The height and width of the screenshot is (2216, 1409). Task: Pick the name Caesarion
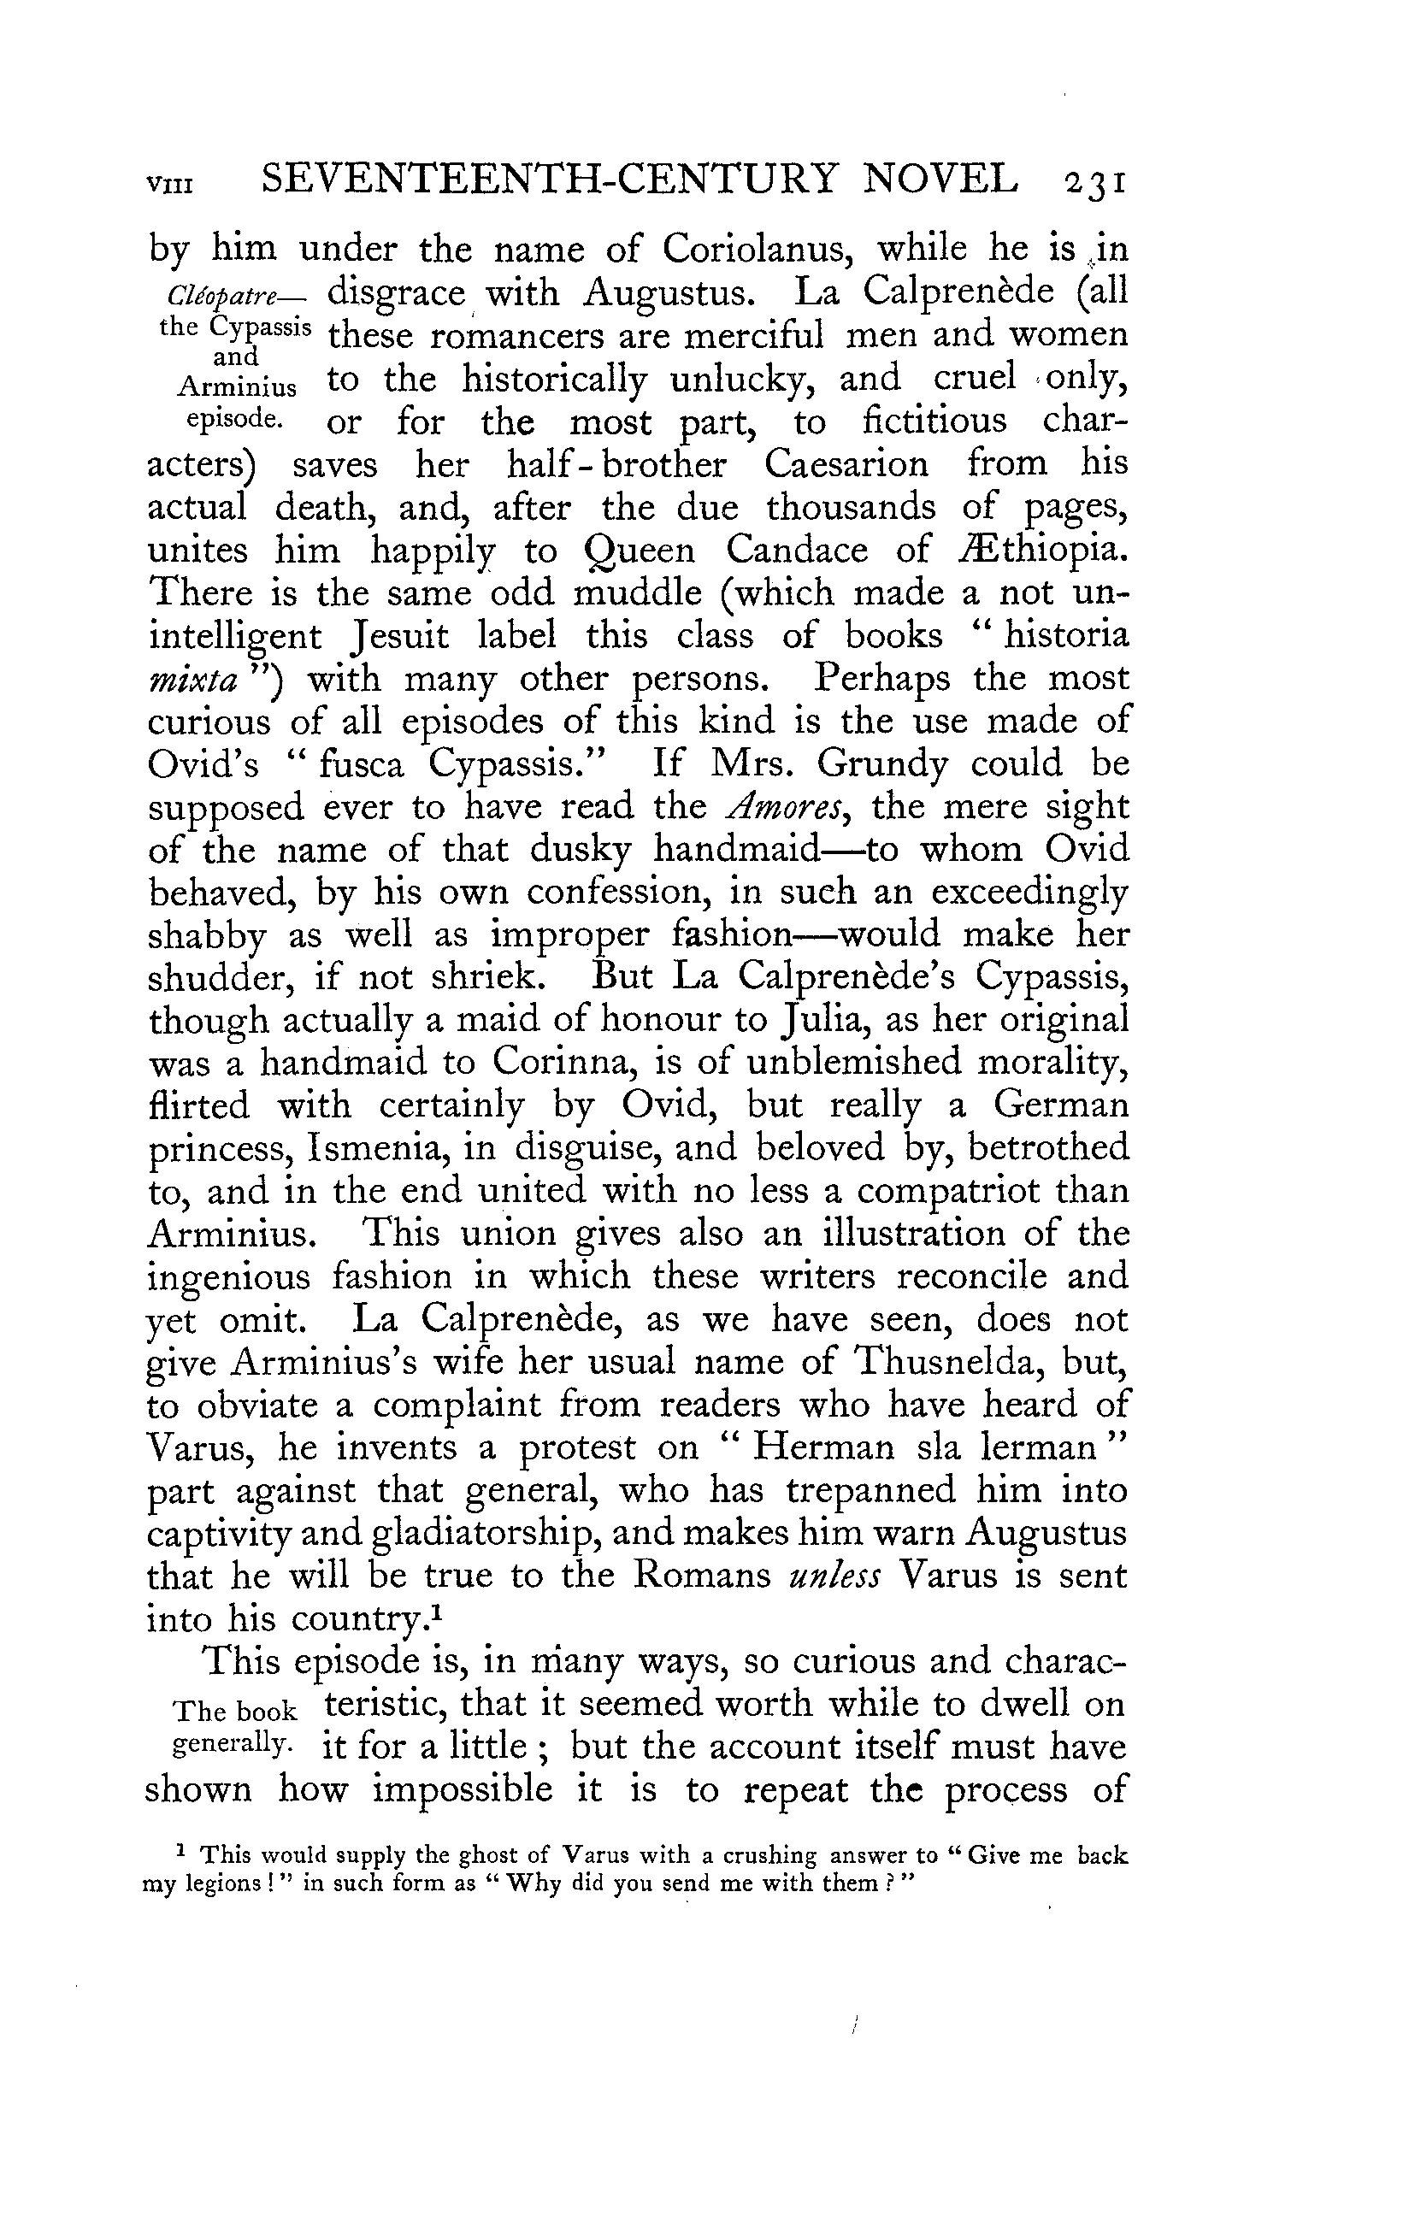[846, 464]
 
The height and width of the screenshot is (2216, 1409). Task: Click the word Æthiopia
[1036, 551]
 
